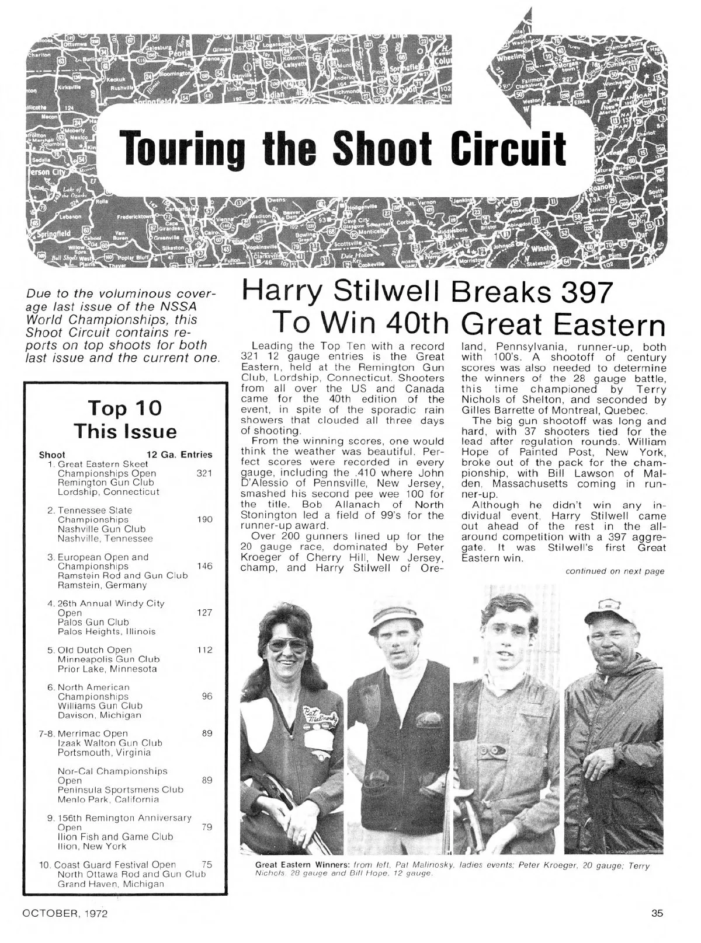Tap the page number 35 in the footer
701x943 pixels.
click(657, 914)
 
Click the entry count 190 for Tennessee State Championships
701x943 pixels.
click(204, 519)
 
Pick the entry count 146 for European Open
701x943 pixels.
click(204, 566)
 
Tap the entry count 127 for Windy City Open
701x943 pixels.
click(204, 613)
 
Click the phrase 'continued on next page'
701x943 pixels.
click(615, 571)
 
